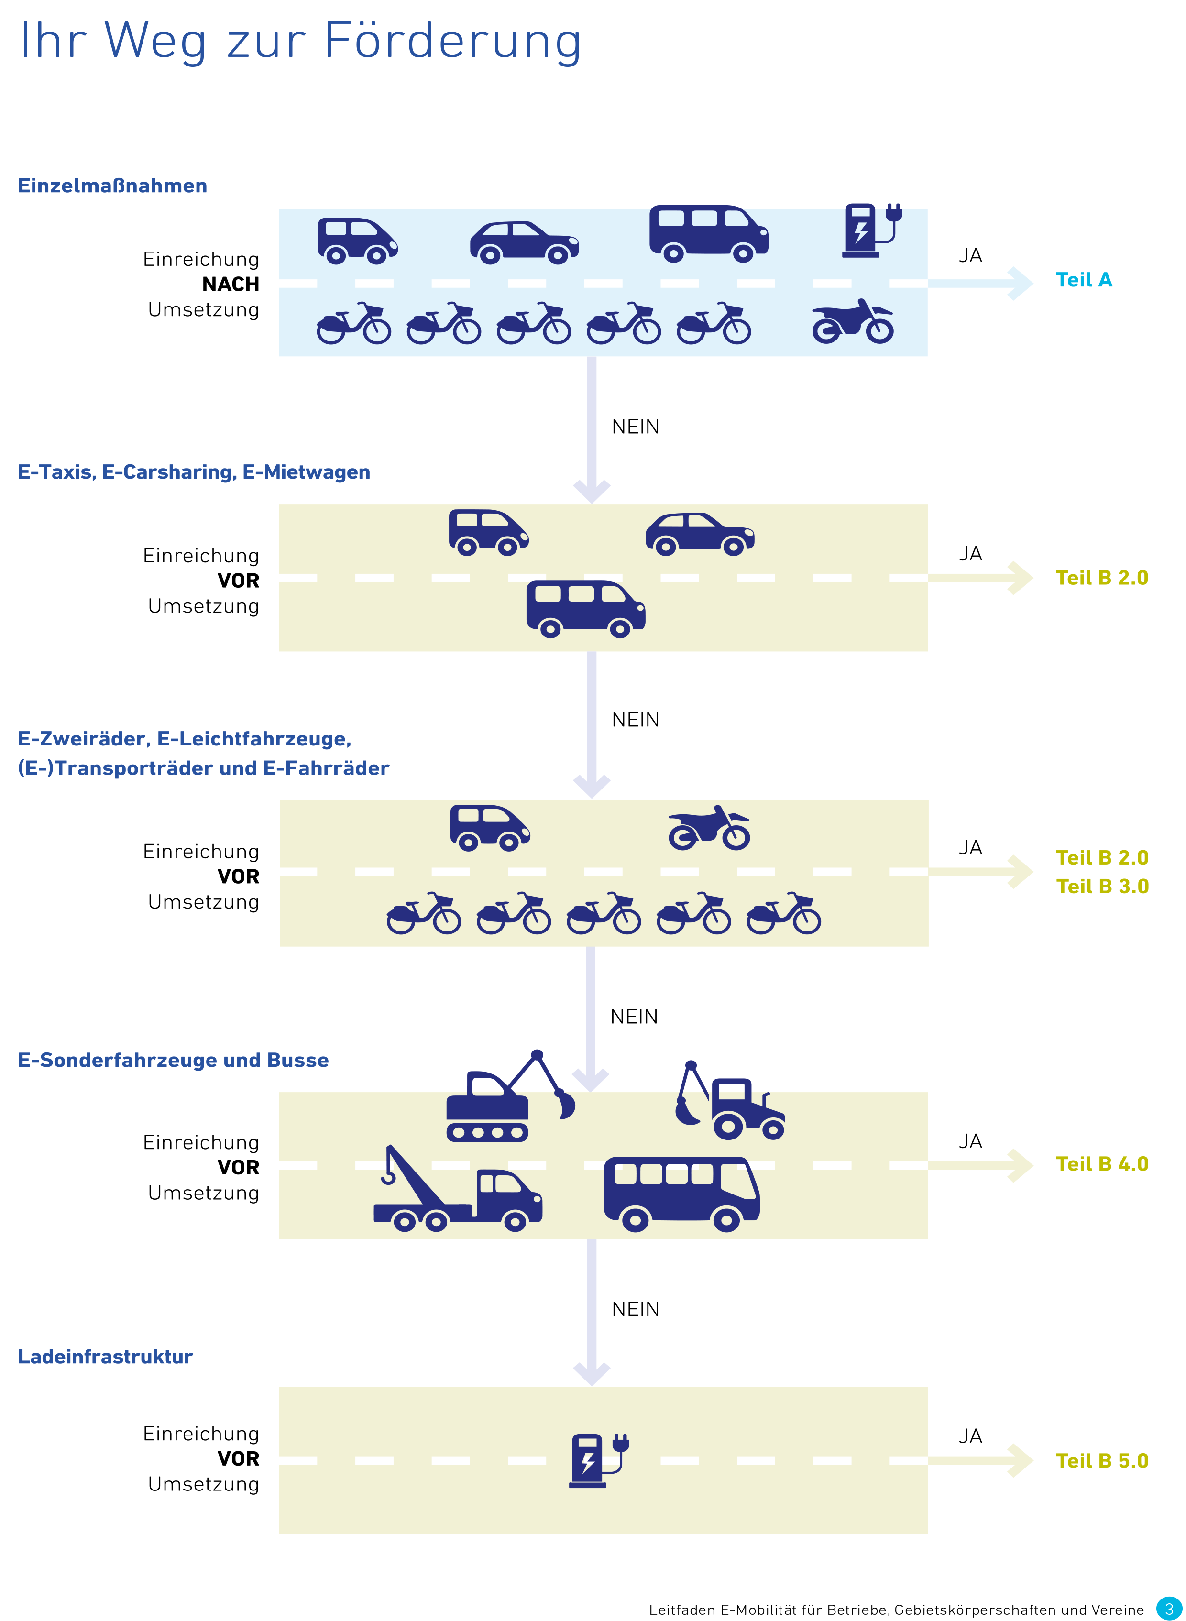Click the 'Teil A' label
pyautogui.click(x=1083, y=280)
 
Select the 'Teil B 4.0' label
pyautogui.click(x=1101, y=1164)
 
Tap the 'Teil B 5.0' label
pyautogui.click(x=1101, y=1461)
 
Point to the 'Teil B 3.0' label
pyautogui.click(x=1102, y=887)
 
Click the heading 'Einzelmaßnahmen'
pyautogui.click(x=112, y=186)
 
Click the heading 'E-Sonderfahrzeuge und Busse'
pyautogui.click(x=173, y=1060)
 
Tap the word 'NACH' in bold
pyautogui.click(x=231, y=285)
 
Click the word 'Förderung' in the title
pyautogui.click(x=452, y=41)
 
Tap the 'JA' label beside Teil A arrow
pyautogui.click(x=970, y=255)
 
